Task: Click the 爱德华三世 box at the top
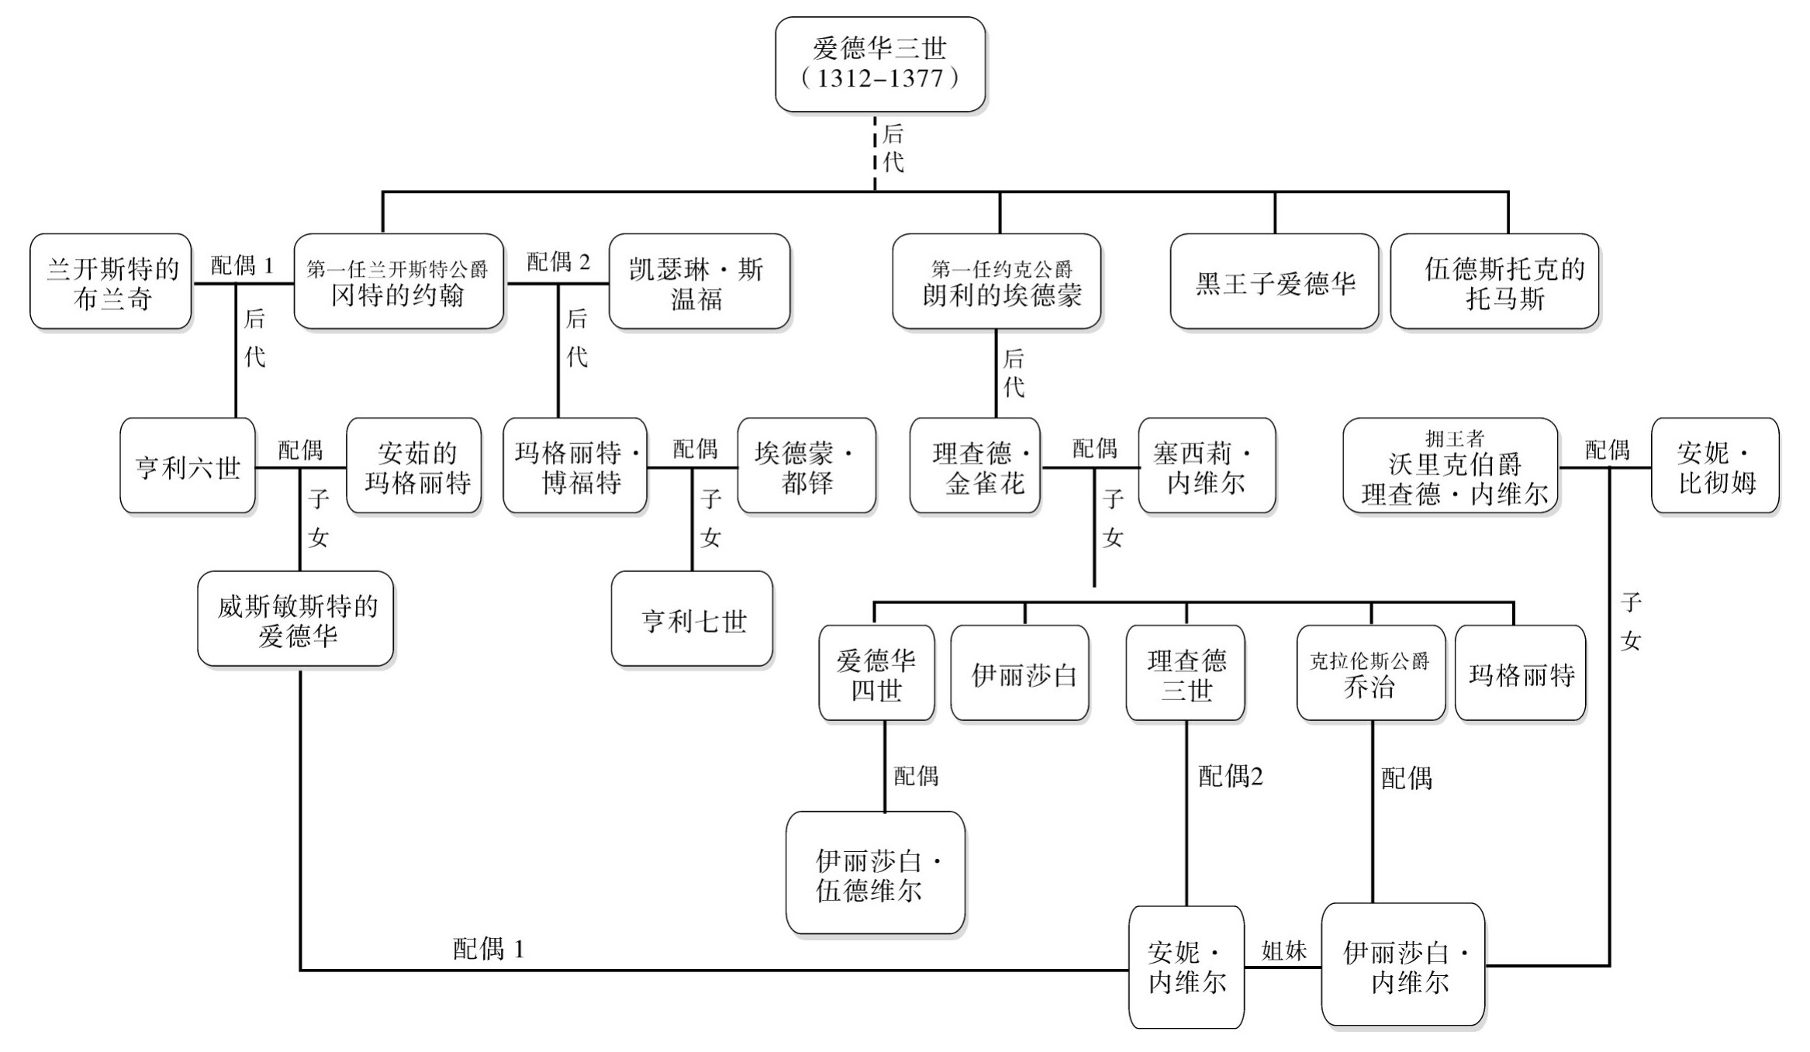pos(880,64)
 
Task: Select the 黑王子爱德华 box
pos(1274,282)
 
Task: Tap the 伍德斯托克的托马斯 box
pos(1494,282)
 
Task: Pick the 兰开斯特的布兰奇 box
pos(111,282)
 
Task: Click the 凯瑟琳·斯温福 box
pos(699,282)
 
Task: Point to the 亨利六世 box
pos(188,467)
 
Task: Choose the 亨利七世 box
pos(692,619)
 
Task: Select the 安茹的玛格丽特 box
pos(414,467)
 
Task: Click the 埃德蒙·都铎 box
pos(807,467)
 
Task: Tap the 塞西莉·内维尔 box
pos(1207,467)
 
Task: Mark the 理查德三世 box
pos(1185,674)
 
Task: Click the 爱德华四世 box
pos(876,674)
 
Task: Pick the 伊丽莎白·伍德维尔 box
pos(876,874)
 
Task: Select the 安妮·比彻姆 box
pos(1715,467)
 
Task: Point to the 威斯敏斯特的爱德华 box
pos(295,619)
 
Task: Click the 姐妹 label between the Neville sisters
pos(1283,950)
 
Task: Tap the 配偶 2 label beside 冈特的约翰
pos(558,262)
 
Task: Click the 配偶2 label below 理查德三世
pos(1230,776)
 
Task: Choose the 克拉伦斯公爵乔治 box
pos(1370,674)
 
